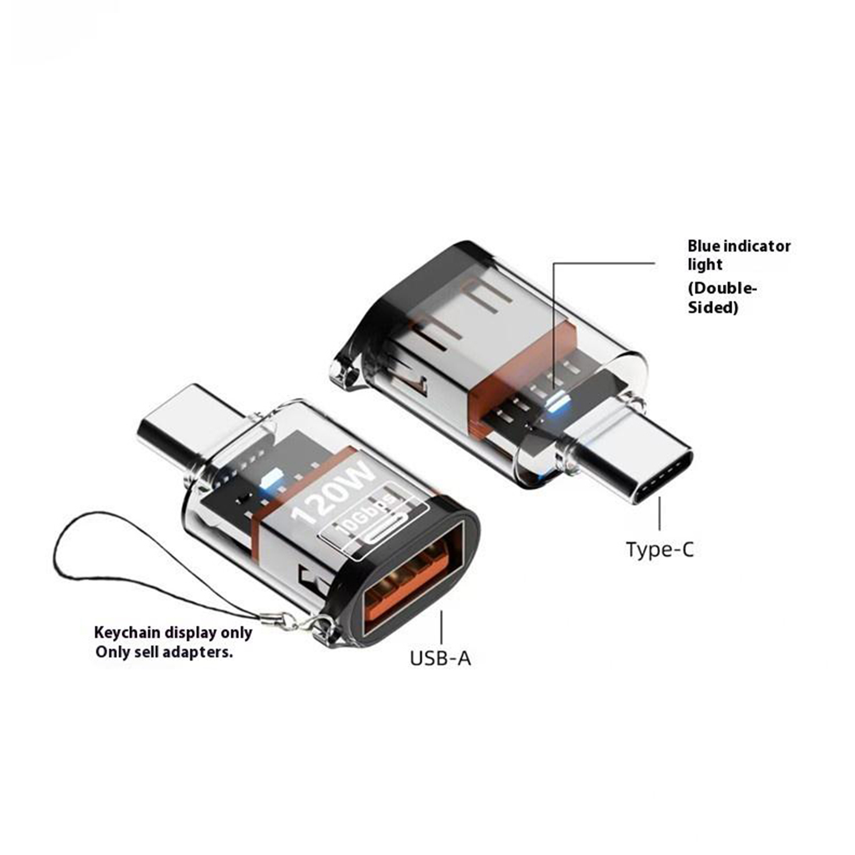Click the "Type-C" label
click(x=660, y=549)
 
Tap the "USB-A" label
click(x=440, y=658)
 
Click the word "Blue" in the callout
click(x=703, y=246)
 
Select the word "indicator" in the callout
click(x=757, y=246)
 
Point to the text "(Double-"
click(x=722, y=289)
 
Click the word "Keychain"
click(x=127, y=633)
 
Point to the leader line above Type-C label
click(x=659, y=514)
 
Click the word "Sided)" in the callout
click(x=713, y=308)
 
